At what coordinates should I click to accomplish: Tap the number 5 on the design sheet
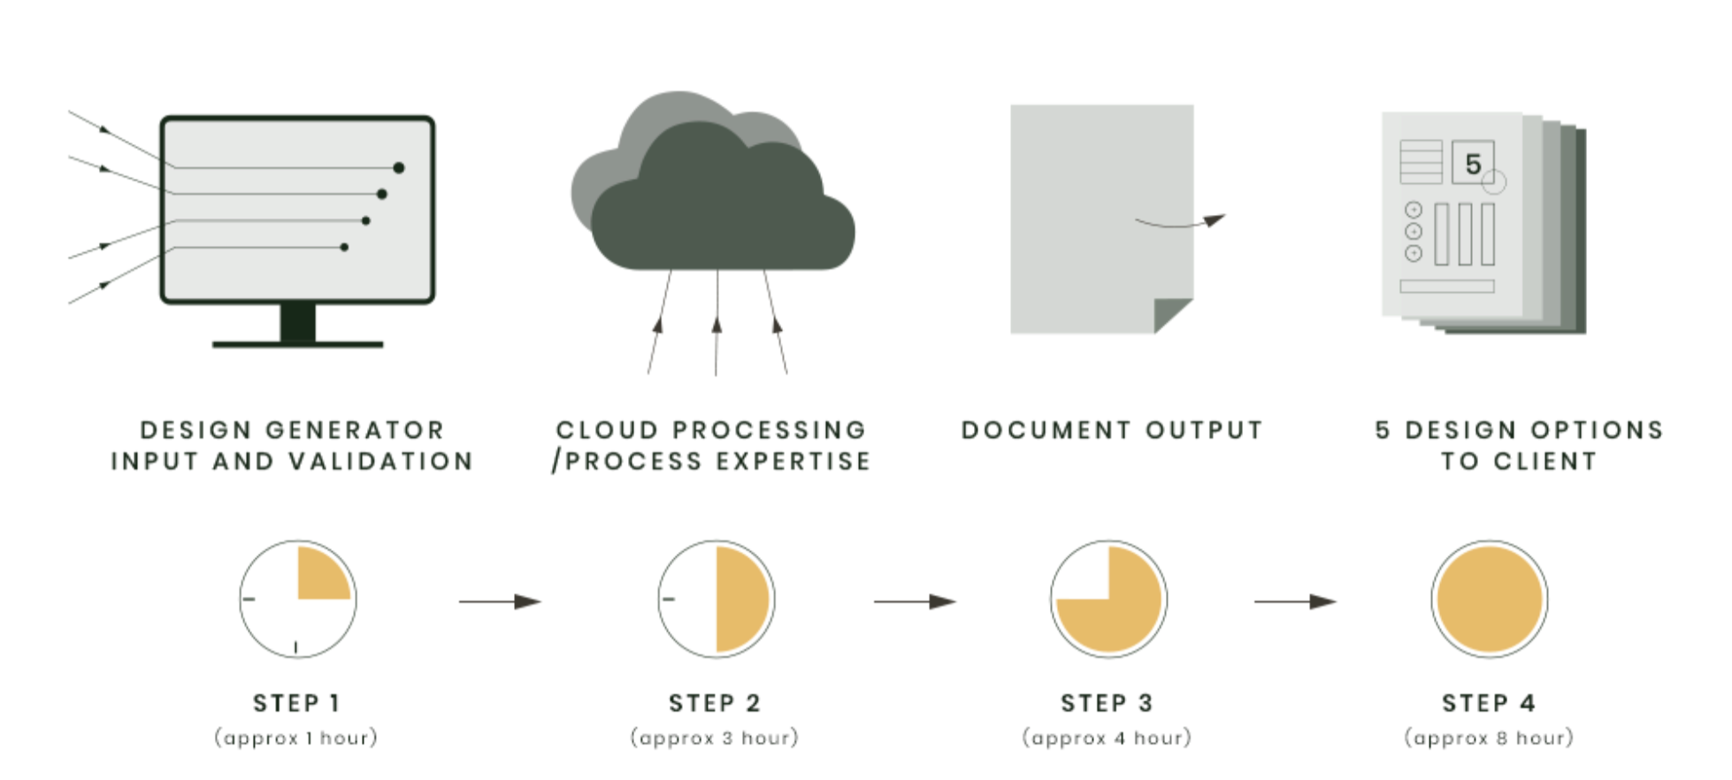coord(1473,164)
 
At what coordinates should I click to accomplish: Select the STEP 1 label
coord(296,703)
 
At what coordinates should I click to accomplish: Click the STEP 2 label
coord(715,703)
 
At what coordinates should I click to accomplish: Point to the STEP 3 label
coord(1107,703)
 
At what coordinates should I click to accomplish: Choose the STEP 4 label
coord(1489,703)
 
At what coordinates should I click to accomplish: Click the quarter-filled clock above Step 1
coord(298,600)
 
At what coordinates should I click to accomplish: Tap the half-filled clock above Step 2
coord(717,600)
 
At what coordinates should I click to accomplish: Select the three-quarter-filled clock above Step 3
coord(1108,600)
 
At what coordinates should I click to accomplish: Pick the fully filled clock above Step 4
coord(1490,600)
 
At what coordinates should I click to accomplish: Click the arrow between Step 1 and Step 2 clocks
coord(500,601)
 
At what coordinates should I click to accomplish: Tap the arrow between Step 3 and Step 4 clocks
coord(1295,601)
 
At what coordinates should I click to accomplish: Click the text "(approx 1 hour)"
coord(296,738)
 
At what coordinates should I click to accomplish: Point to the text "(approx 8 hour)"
coord(1489,738)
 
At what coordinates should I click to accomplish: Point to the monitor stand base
coord(298,344)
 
